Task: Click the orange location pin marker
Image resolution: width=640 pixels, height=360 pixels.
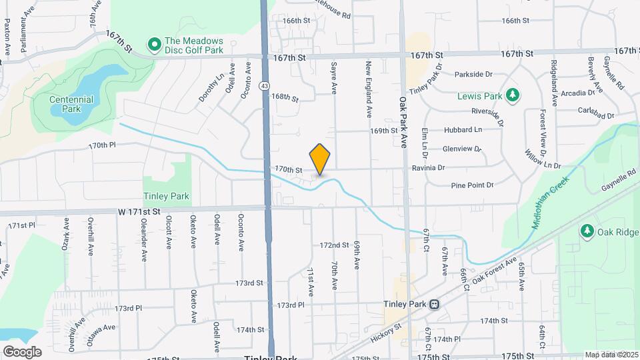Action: [320, 159]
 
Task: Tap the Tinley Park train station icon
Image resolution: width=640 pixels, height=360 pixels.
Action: [434, 304]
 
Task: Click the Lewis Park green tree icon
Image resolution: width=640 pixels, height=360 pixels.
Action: [512, 96]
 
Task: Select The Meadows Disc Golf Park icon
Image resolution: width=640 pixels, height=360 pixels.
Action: [155, 45]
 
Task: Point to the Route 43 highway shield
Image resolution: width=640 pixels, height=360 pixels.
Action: [265, 86]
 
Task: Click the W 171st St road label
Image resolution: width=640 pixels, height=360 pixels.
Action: [140, 211]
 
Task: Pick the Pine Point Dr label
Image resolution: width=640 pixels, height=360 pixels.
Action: [471, 185]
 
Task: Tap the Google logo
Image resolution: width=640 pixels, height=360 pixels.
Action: [21, 351]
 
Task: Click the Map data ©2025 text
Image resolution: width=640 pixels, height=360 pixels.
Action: [611, 355]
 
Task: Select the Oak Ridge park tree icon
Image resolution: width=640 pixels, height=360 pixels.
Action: [587, 231]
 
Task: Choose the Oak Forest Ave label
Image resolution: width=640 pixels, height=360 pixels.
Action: [495, 271]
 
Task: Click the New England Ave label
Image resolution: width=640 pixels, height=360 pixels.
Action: [368, 90]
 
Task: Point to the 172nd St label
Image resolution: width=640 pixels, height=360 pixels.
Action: [334, 245]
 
